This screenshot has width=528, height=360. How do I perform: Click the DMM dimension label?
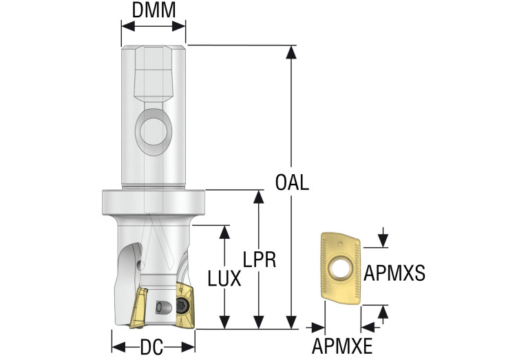[x=153, y=10]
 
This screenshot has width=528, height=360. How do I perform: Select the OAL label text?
[x=292, y=183]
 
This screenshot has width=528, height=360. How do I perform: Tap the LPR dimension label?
[x=260, y=259]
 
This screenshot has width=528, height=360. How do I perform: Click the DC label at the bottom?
[x=152, y=348]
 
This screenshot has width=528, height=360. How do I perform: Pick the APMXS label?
[x=394, y=272]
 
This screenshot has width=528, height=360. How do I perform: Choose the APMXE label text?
[x=342, y=346]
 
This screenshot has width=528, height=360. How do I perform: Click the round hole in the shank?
[x=152, y=128]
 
